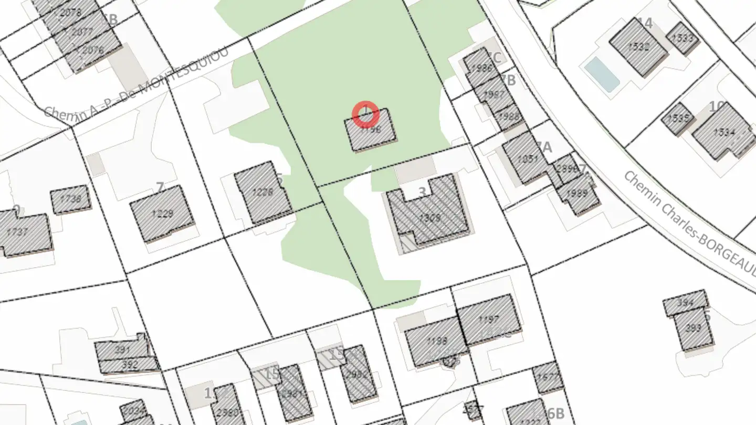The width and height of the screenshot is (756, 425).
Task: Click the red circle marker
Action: (x=365, y=114)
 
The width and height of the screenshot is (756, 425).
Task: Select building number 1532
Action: (x=638, y=47)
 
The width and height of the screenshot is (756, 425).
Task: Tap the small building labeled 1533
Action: (x=682, y=38)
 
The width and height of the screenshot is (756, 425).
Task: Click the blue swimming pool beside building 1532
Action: (x=602, y=74)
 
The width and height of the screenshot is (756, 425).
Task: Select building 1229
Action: (x=162, y=214)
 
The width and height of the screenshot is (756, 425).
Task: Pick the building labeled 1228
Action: (x=262, y=193)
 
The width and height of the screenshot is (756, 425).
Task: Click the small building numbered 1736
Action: (x=71, y=199)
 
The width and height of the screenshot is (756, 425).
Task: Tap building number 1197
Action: (x=489, y=319)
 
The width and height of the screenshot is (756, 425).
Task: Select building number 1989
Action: (x=578, y=194)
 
